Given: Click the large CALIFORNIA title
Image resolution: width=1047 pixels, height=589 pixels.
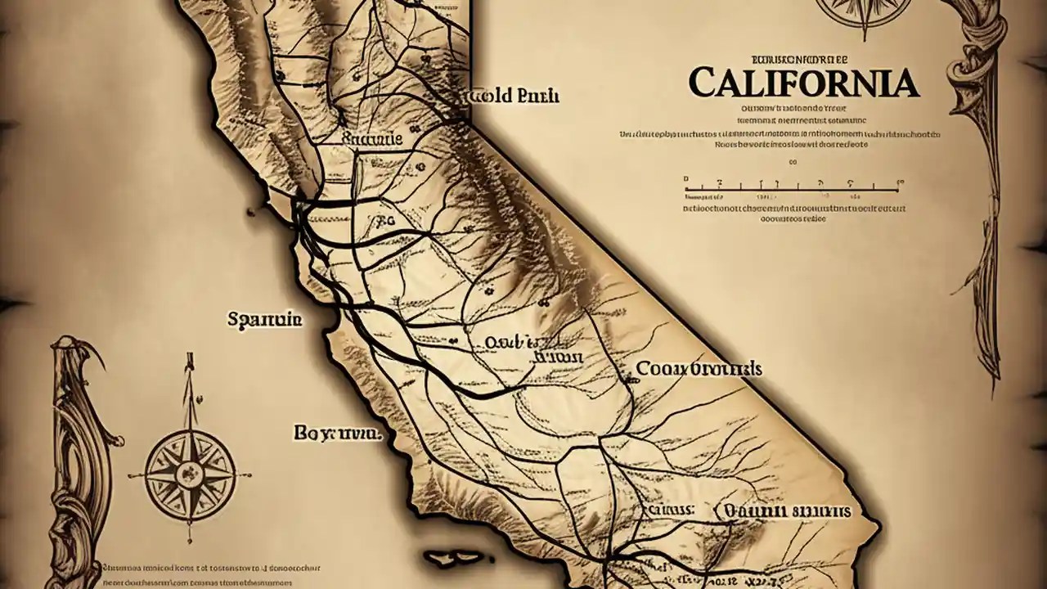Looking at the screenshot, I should tap(802, 83).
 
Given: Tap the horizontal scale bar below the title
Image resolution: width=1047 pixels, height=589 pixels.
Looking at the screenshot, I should tap(792, 190).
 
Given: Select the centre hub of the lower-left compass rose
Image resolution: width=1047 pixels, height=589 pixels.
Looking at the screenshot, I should tap(190, 473).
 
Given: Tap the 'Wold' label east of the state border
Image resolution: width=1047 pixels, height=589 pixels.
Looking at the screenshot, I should tap(513, 96).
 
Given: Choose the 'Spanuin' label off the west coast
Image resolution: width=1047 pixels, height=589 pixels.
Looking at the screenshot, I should tap(264, 319).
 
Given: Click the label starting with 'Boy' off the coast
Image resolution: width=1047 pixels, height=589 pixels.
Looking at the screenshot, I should tap(336, 434).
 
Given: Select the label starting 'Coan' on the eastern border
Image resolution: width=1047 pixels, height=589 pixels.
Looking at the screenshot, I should tap(699, 369).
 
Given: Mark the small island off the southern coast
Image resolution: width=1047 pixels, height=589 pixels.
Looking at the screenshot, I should tap(455, 559).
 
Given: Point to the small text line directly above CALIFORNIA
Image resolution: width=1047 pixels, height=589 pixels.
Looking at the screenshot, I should tap(799, 59).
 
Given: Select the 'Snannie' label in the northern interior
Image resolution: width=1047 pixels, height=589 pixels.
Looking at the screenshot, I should tap(371, 140).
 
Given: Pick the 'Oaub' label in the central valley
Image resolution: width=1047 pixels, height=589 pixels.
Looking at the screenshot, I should tap(509, 342).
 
